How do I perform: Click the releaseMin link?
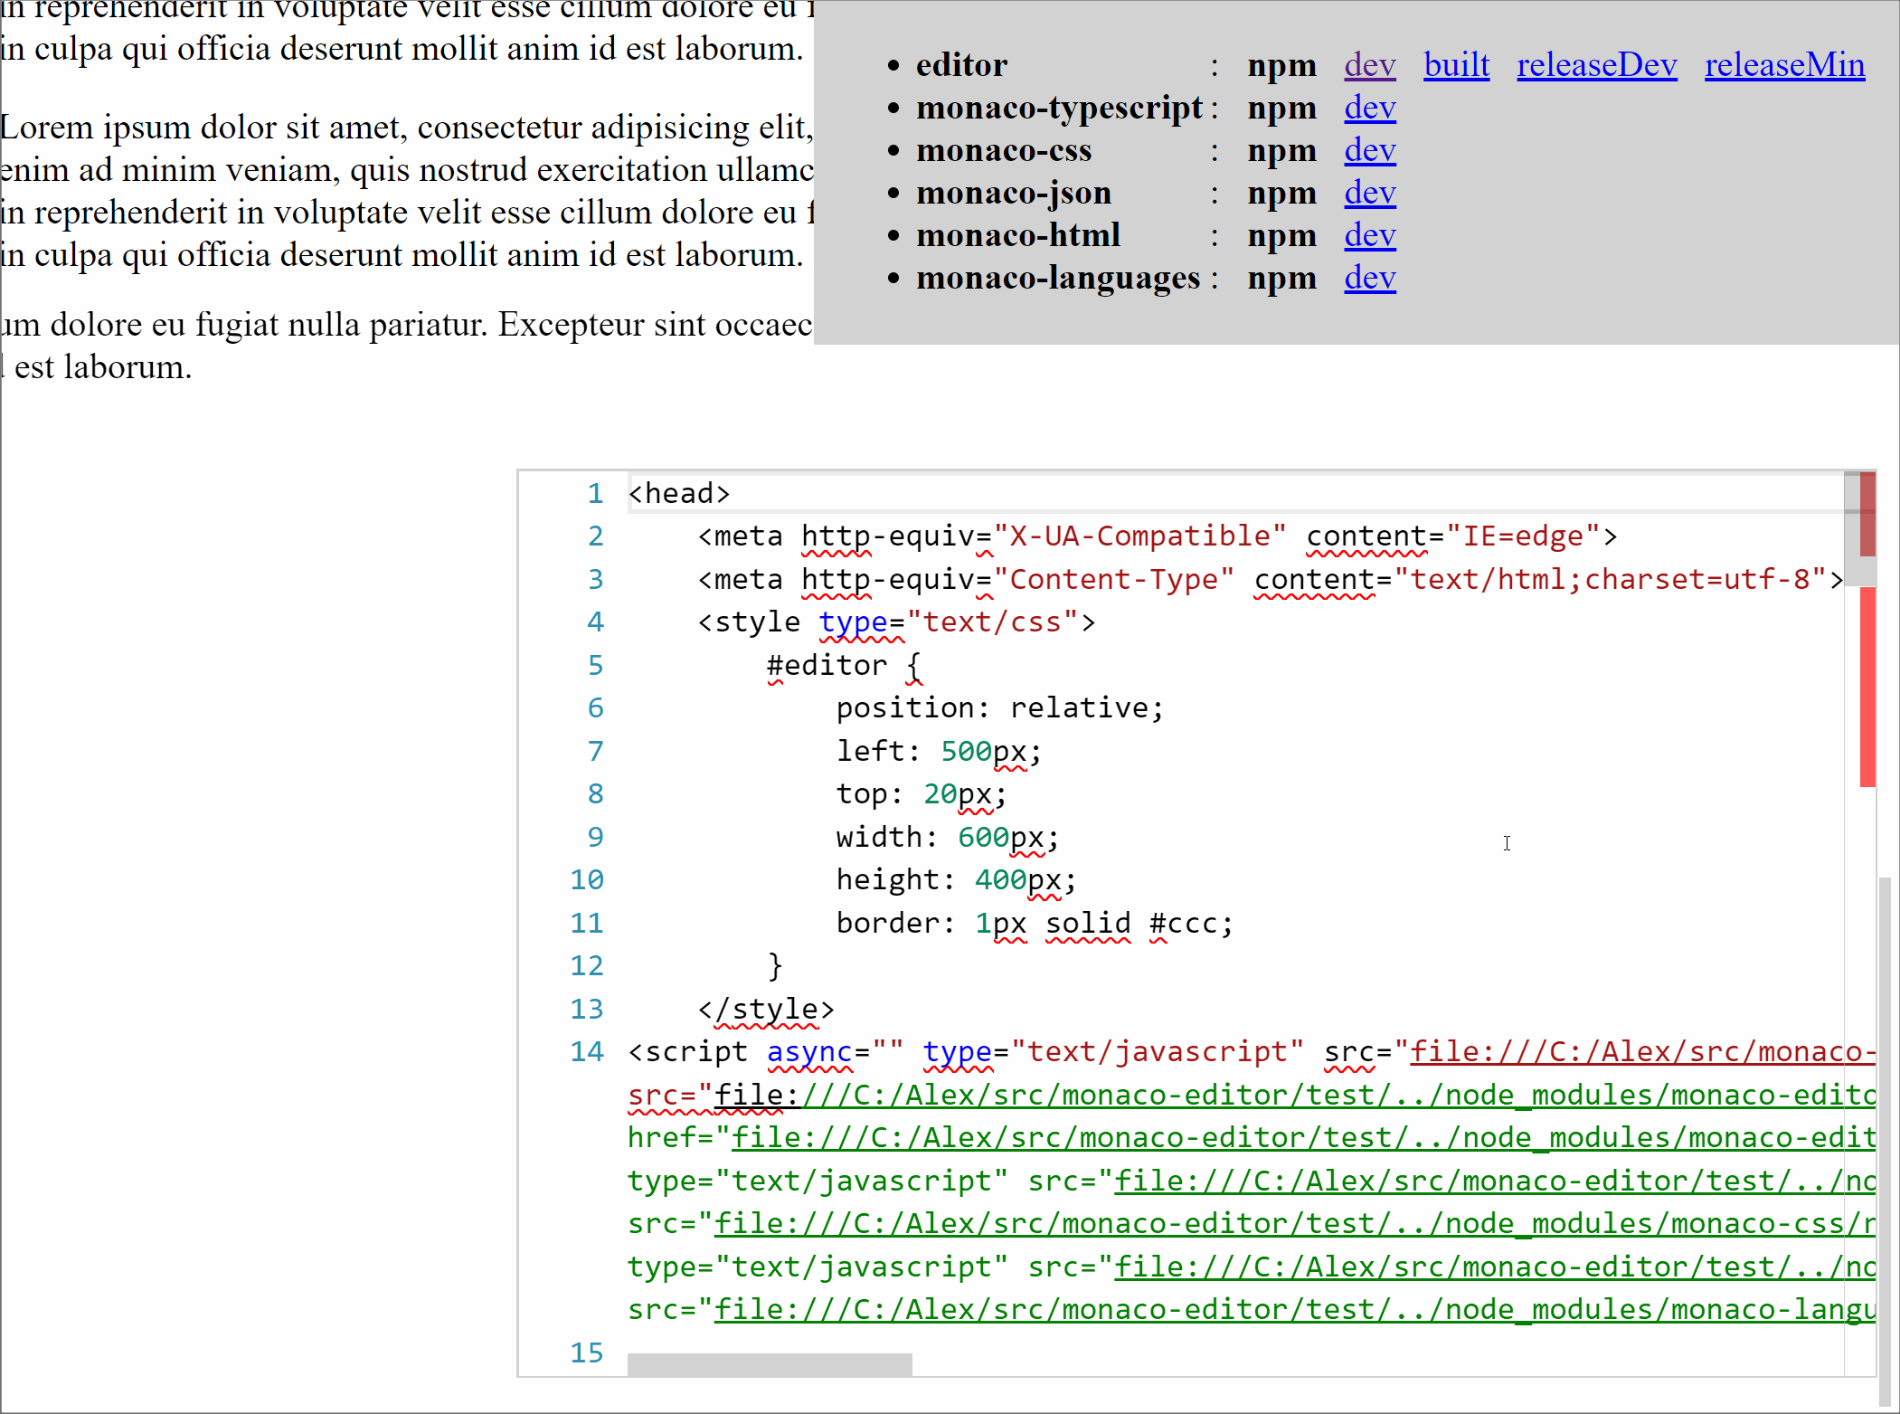[x=1784, y=65]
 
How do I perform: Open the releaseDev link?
[x=1596, y=65]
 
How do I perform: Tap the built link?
[x=1456, y=65]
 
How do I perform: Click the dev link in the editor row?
[x=1369, y=65]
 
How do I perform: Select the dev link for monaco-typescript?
[x=1369, y=108]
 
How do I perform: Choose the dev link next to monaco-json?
[x=1369, y=193]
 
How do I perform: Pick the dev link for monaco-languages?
[x=1369, y=278]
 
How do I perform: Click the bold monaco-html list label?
[x=1017, y=235]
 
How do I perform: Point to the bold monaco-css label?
[x=1003, y=150]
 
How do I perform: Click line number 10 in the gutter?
[x=587, y=879]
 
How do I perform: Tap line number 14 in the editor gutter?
[x=587, y=1051]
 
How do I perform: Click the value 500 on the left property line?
[x=966, y=751]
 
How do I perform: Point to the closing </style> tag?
[x=766, y=1009]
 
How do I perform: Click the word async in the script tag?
[x=809, y=1051]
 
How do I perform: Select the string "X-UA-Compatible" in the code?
[x=1139, y=536]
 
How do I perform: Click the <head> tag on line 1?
[x=679, y=493]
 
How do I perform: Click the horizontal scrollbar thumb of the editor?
[x=770, y=1364]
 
